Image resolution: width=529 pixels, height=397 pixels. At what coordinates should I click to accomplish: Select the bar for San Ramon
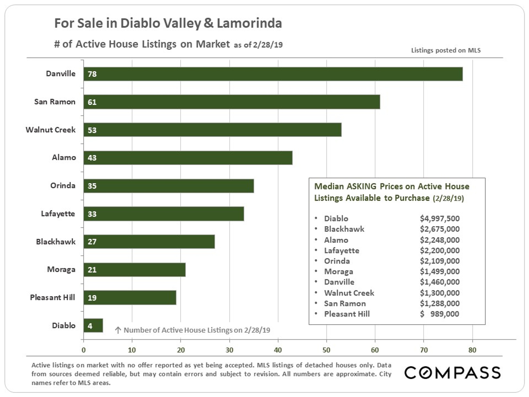click(232, 102)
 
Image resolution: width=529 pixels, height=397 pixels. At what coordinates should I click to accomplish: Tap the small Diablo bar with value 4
click(93, 326)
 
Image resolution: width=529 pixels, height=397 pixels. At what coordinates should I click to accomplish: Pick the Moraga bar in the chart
click(134, 270)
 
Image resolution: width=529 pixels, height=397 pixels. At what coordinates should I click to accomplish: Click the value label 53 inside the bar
click(92, 130)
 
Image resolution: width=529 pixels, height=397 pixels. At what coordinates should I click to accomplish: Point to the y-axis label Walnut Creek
click(51, 130)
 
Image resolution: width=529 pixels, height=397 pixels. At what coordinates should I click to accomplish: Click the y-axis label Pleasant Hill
click(52, 297)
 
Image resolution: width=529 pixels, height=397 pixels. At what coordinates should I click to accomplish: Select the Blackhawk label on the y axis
click(56, 242)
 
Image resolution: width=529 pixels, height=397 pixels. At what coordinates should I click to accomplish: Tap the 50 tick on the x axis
click(326, 350)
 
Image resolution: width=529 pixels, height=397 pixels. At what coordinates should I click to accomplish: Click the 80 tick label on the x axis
click(472, 350)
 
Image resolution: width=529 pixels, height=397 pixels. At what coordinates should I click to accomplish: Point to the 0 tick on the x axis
click(84, 350)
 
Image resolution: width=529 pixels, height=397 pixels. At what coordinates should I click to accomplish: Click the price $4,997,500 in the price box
click(440, 219)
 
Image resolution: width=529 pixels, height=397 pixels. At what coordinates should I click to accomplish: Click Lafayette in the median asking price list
click(341, 250)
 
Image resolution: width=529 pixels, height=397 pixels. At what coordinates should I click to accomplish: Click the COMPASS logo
click(452, 373)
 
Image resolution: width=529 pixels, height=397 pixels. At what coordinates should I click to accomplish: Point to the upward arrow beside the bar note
click(118, 330)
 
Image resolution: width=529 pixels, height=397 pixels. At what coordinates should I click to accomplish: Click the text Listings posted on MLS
click(446, 50)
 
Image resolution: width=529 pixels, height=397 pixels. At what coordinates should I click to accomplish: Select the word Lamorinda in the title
click(249, 23)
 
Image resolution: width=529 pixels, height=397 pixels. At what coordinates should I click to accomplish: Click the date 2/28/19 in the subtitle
click(268, 45)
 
